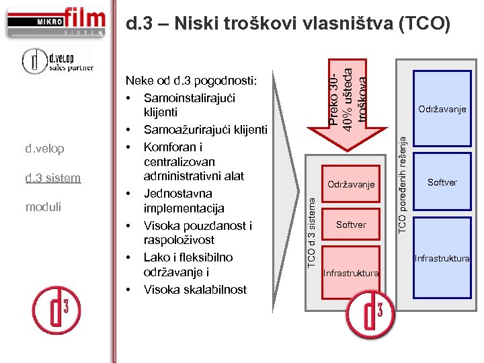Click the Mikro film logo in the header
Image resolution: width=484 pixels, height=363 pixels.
click(56, 21)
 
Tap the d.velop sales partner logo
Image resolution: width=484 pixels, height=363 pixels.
click(56, 61)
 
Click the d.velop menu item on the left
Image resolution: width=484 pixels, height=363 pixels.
click(44, 148)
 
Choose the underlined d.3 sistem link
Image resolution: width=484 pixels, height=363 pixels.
click(52, 178)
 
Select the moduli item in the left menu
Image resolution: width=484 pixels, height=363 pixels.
click(43, 207)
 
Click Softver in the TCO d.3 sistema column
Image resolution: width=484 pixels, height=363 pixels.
click(351, 225)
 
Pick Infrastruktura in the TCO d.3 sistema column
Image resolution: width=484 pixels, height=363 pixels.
click(351, 273)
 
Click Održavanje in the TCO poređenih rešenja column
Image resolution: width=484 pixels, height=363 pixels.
click(442, 108)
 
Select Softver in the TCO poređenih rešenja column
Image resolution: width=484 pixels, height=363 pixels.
click(442, 182)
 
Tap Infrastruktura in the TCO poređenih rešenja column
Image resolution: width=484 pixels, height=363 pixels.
click(442, 258)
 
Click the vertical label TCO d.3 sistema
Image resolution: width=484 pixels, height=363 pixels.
click(311, 229)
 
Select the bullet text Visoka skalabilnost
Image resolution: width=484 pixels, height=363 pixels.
click(195, 290)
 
